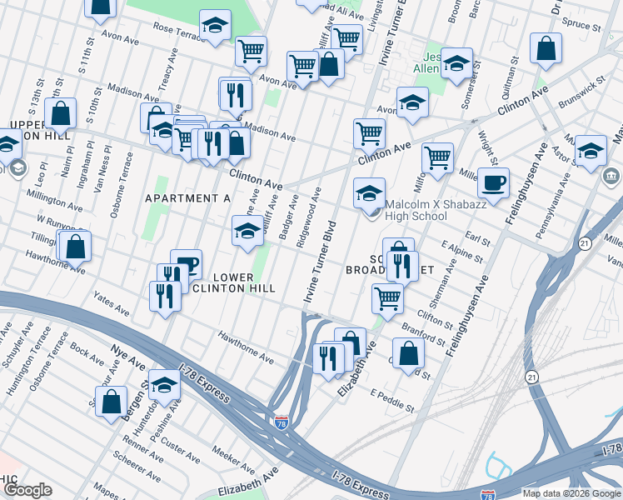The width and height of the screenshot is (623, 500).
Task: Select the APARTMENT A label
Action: pyautogui.click(x=187, y=198)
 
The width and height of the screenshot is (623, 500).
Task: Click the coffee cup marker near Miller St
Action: pyautogui.click(x=493, y=183)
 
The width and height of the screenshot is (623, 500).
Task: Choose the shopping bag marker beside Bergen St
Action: pyautogui.click(x=112, y=402)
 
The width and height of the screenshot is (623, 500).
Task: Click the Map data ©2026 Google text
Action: pyautogui.click(x=571, y=492)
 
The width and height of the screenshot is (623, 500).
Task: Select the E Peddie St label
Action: pyautogui.click(x=392, y=401)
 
